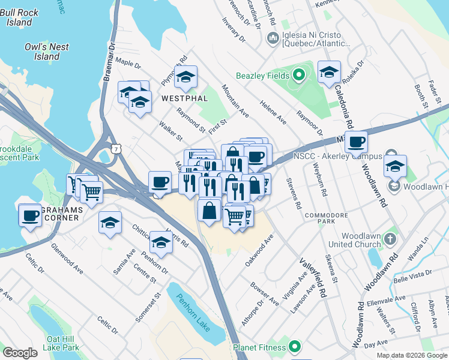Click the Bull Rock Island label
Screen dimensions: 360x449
20,17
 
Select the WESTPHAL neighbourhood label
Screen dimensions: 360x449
184,98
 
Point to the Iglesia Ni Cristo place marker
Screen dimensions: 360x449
271,38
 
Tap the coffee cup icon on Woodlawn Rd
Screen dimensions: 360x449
356,142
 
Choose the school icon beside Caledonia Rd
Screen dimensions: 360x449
329,72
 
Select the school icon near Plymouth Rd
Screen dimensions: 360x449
186,76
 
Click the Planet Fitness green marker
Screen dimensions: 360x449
294,346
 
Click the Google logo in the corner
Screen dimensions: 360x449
20,353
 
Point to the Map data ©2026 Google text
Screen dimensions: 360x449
411,355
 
